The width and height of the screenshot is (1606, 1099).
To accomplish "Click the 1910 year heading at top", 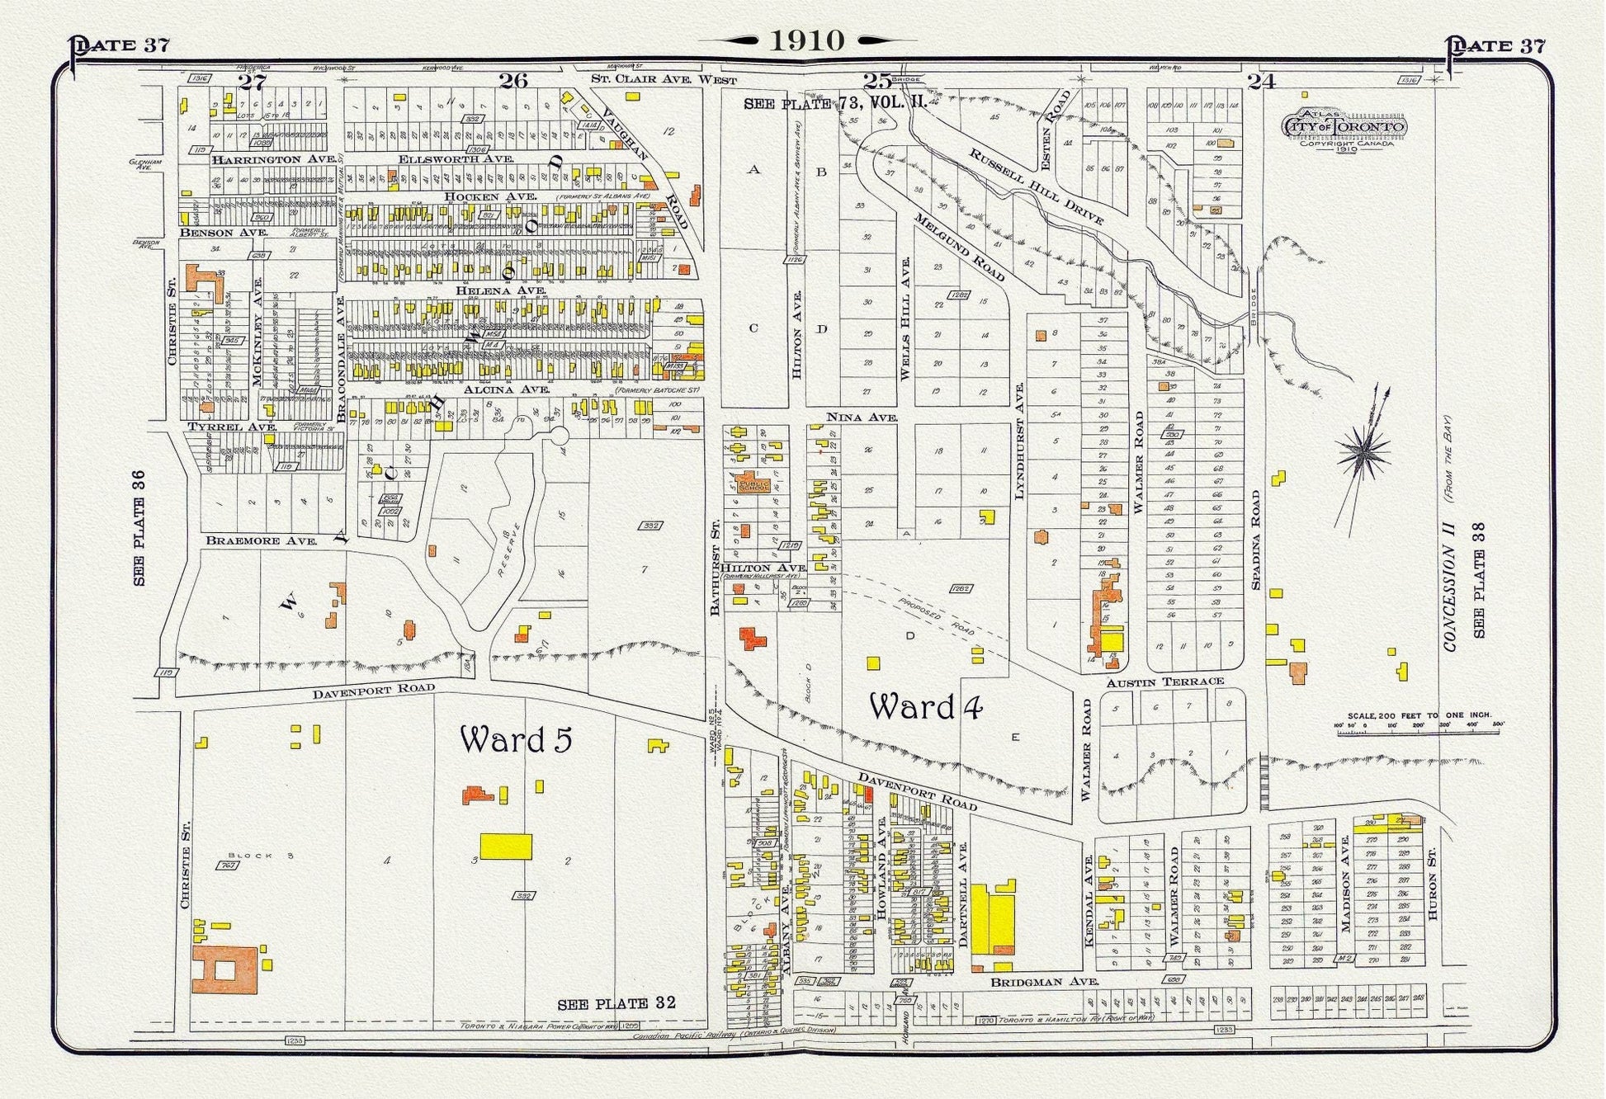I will coord(806,40).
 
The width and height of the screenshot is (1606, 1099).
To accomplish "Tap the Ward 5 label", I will coord(516,740).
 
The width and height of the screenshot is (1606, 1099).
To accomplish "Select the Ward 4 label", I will coord(926,707).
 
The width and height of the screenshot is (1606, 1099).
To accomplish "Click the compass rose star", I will coord(1367,451).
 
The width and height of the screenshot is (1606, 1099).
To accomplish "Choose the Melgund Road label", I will coord(959,248).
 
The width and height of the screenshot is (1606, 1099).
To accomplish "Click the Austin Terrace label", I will coord(1164,682).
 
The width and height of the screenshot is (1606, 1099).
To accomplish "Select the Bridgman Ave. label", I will coord(1045,982).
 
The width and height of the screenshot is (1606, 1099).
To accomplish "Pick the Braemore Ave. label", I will coord(262,541).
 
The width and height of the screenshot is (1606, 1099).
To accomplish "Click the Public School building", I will coord(752,482).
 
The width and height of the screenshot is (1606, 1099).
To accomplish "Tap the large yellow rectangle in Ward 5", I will coord(506,847).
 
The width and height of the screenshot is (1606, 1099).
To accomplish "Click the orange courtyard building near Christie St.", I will coord(224,969).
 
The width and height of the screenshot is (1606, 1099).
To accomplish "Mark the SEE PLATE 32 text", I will coord(616,1003).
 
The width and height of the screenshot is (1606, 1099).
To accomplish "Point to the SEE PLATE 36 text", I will coord(139,528).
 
